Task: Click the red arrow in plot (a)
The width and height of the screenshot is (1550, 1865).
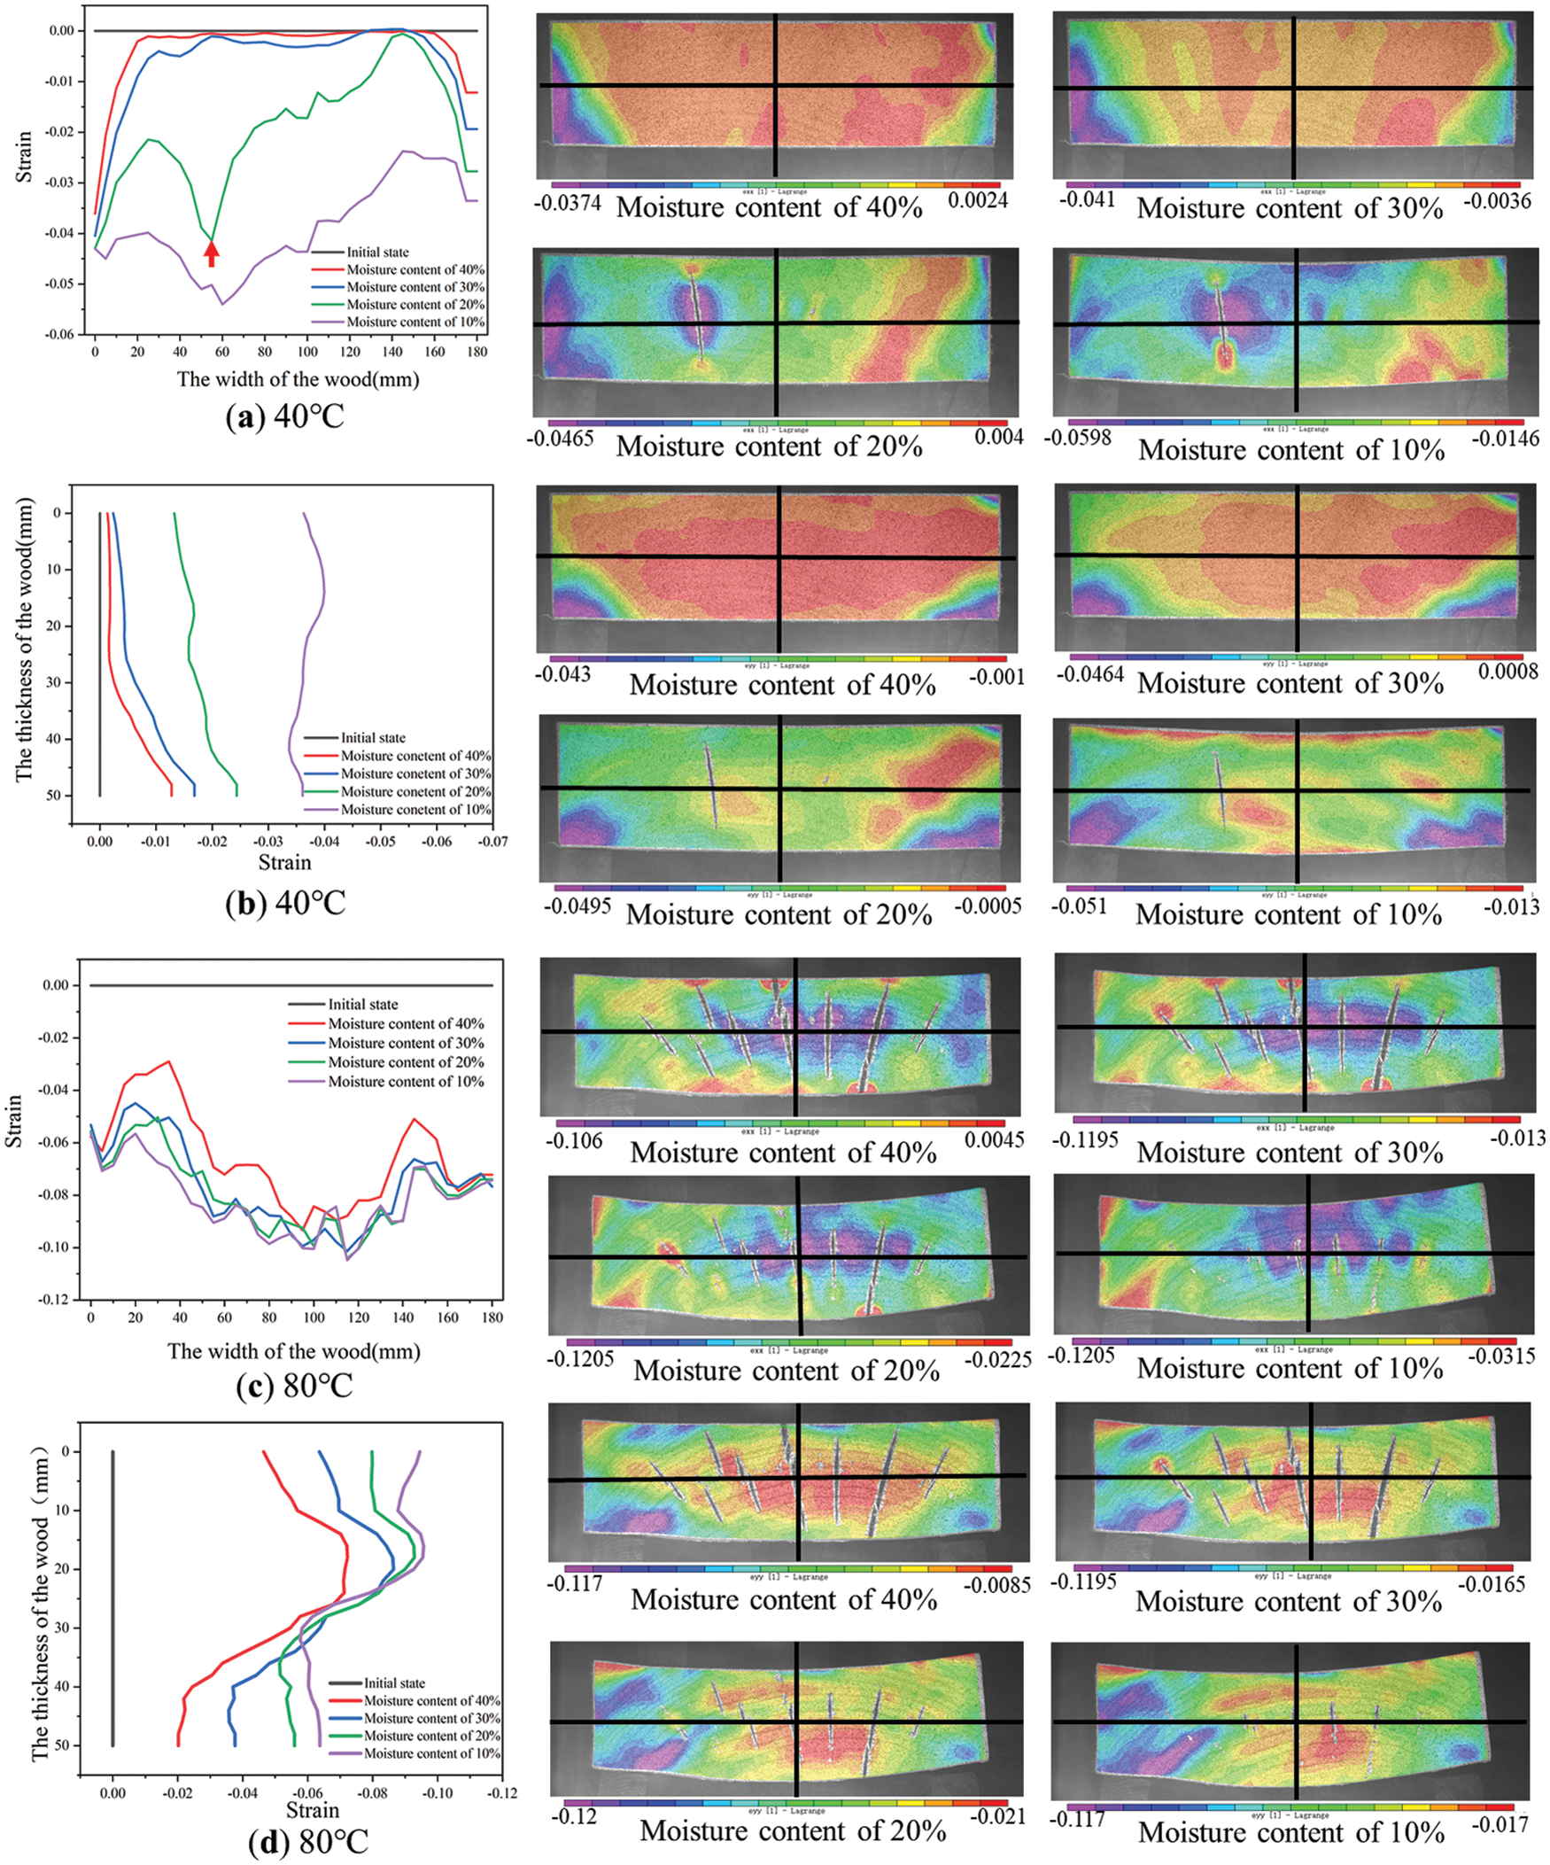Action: [x=212, y=254]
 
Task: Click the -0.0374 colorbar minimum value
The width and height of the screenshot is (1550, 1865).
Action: [x=568, y=203]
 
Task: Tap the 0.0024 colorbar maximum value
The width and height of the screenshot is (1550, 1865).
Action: [x=978, y=201]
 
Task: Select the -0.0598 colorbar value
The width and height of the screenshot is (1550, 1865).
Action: [x=1078, y=438]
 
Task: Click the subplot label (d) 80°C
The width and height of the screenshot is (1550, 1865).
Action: [x=308, y=1841]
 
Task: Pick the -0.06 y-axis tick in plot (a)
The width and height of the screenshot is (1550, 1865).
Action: [x=62, y=334]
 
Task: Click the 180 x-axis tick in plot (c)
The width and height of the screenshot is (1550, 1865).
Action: [x=492, y=1317]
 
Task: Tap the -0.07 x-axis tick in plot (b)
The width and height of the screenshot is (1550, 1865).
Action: [x=492, y=841]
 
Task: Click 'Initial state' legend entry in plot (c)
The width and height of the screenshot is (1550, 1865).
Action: [x=362, y=1005]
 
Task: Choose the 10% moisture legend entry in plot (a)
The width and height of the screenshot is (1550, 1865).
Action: [x=415, y=322]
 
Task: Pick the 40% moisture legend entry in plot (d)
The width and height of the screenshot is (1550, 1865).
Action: [x=431, y=1701]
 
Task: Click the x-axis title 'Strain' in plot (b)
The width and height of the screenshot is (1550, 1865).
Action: [x=284, y=862]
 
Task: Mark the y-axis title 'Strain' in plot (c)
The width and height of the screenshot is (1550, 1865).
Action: [x=15, y=1121]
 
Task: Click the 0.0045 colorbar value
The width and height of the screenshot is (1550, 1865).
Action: [x=995, y=1138]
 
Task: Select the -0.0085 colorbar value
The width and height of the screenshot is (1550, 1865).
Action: [x=998, y=1585]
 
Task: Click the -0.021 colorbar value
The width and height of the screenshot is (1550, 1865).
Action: [x=997, y=1816]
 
